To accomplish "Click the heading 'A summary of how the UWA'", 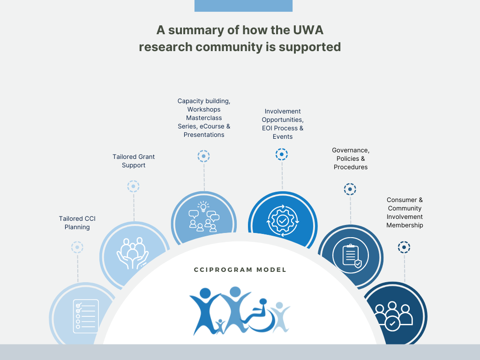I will pos(240,30).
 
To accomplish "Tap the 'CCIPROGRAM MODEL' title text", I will pos(240,270).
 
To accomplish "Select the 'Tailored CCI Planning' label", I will pos(77,223).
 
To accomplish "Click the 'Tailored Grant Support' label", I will pos(134,161).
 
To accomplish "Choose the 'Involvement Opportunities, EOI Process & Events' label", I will pos(283,124).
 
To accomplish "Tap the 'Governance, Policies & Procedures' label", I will pos(351,158).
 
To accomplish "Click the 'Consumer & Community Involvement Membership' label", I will pos(405,212).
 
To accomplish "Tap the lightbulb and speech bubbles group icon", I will pos(203,217).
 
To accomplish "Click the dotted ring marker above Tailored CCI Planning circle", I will pos(77,247).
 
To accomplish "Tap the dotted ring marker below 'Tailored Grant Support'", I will pos(134,186).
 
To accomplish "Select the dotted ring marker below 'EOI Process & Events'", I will pos(282,154).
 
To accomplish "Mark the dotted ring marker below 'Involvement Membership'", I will pos(404,247).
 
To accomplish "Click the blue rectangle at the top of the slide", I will pos(243,6).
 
